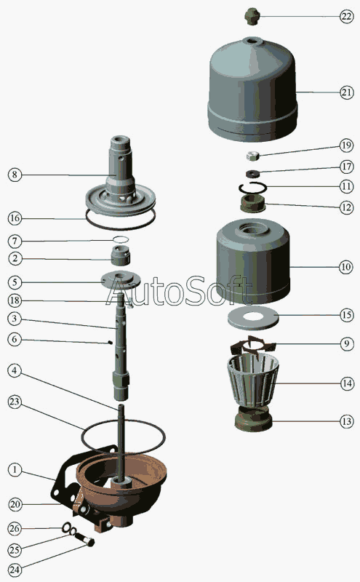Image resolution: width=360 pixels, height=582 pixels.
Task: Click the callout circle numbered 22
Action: pyautogui.click(x=346, y=17)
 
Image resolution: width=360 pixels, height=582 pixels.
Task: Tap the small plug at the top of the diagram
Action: pyautogui.click(x=252, y=16)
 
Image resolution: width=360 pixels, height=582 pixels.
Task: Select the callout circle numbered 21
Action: pyautogui.click(x=347, y=92)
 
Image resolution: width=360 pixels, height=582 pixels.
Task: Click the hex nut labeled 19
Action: pyautogui.click(x=252, y=156)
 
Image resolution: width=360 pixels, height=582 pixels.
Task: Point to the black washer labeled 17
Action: pyautogui.click(x=252, y=173)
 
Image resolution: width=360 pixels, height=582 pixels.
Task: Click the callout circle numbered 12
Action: pyautogui.click(x=347, y=207)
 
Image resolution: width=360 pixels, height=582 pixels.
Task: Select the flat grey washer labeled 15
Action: pyautogui.click(x=253, y=316)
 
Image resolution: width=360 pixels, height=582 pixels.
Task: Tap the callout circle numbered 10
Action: pyautogui.click(x=346, y=266)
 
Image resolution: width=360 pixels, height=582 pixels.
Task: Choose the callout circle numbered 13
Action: pyautogui.click(x=347, y=421)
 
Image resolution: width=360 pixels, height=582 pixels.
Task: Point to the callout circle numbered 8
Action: pyautogui.click(x=15, y=175)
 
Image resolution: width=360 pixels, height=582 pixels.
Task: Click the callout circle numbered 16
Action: pyautogui.click(x=15, y=218)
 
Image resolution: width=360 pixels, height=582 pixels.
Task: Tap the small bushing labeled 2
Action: pyautogui.click(x=121, y=255)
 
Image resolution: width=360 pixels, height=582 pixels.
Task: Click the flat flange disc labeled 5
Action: pyautogui.click(x=121, y=279)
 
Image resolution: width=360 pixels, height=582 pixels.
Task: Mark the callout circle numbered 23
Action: pyautogui.click(x=15, y=402)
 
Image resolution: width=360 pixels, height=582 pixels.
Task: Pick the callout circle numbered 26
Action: pyautogui.click(x=15, y=528)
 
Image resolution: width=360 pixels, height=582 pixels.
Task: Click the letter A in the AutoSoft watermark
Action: pyautogui.click(x=119, y=291)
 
